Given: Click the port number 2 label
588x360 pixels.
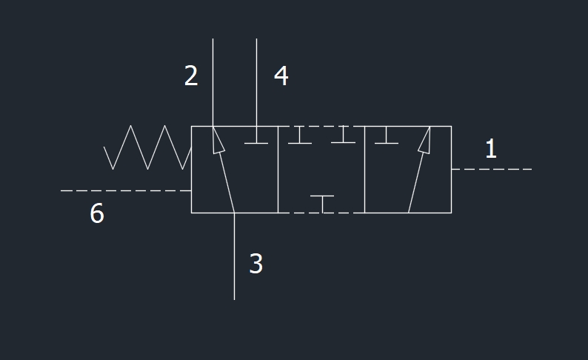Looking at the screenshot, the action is (191, 76).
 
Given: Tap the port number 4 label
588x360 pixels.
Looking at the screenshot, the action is (281, 76).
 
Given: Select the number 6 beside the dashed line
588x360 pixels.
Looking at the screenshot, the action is (97, 213).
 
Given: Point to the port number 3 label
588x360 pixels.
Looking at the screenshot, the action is (256, 263).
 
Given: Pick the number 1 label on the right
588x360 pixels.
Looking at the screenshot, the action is (491, 148).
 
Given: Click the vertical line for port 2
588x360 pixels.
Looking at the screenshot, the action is (213, 82).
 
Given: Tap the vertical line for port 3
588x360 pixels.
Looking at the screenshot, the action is (234, 256).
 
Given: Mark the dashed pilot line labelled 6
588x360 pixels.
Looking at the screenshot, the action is (126, 190).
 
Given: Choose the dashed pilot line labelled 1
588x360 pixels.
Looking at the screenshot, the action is (492, 169).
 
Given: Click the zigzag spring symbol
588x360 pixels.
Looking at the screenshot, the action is (147, 147).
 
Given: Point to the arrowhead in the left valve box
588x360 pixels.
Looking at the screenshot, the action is (218, 140).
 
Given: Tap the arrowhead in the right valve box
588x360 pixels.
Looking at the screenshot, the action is (425, 140).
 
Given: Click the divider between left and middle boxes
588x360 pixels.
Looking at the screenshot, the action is (278, 170).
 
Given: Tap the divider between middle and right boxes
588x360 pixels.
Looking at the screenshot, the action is (364, 170).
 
